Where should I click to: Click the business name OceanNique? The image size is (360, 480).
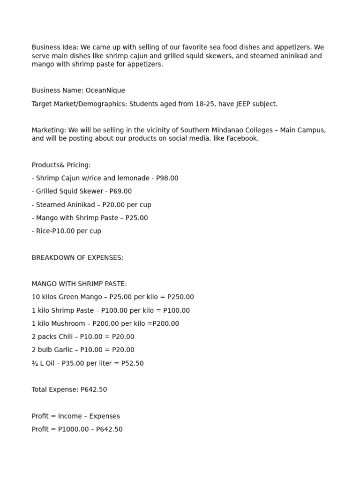click(105, 90)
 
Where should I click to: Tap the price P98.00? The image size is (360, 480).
click(167, 178)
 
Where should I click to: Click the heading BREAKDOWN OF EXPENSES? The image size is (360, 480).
click(77, 258)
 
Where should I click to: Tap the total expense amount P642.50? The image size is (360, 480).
click(94, 390)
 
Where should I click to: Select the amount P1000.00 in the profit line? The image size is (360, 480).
click(73, 429)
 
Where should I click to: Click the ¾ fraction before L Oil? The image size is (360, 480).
click(35, 363)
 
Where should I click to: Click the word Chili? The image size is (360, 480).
click(63, 337)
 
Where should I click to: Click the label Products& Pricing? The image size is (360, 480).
click(61, 165)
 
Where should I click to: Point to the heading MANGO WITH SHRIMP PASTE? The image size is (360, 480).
click(79, 284)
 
